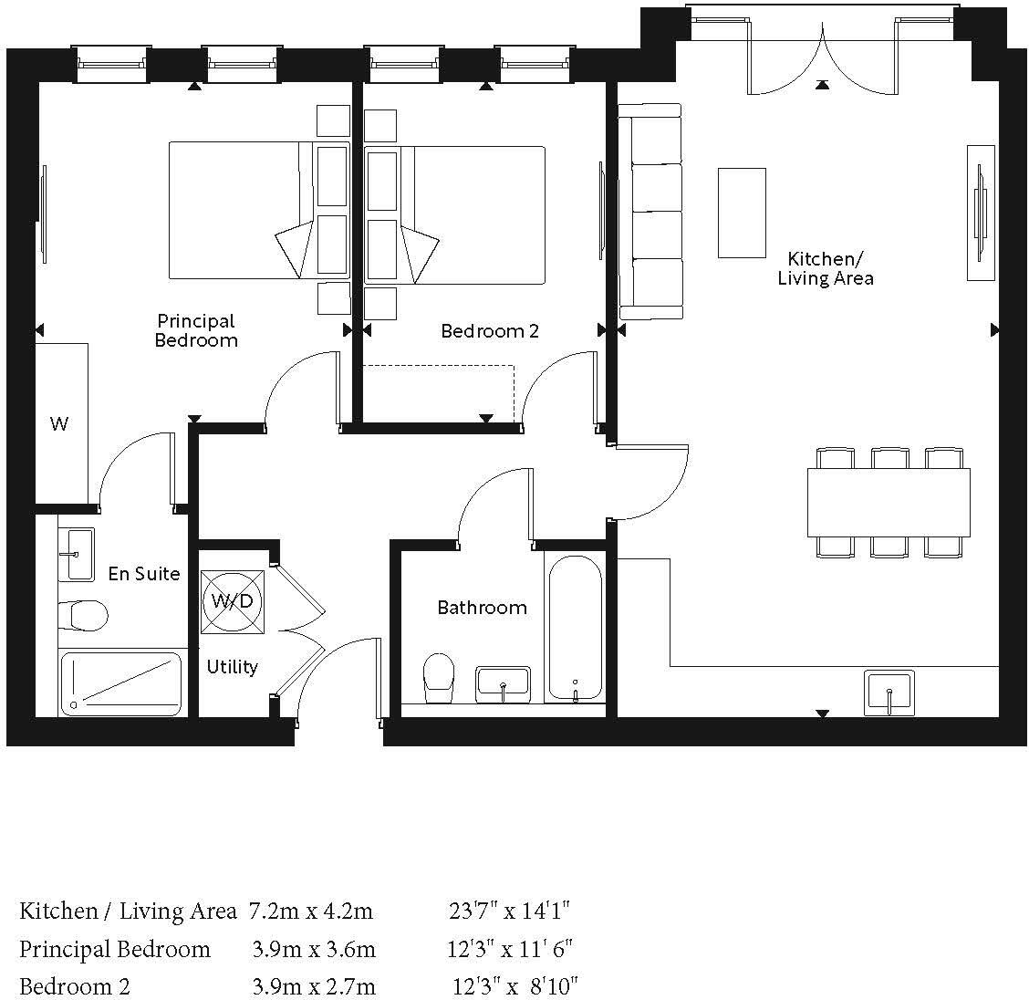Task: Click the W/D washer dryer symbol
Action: [232, 601]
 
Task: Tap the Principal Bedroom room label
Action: [196, 330]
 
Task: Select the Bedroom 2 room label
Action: [489, 331]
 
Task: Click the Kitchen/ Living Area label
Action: [825, 269]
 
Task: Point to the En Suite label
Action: [143, 574]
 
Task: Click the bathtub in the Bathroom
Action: [574, 627]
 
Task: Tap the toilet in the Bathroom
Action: [440, 677]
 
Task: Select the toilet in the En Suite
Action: [83, 615]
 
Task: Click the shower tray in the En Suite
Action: [121, 683]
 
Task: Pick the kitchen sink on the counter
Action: [889, 693]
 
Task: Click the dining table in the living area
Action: [888, 502]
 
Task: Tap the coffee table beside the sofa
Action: [741, 213]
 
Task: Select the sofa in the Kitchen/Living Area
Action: [650, 212]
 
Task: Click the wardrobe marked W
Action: [61, 423]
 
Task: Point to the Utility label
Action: [232, 667]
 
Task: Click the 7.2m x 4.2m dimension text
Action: [311, 911]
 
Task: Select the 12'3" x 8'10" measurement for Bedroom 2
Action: [515, 986]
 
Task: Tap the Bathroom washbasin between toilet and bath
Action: [503, 683]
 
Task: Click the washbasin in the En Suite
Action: [77, 554]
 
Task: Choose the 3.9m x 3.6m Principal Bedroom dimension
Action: [313, 949]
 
